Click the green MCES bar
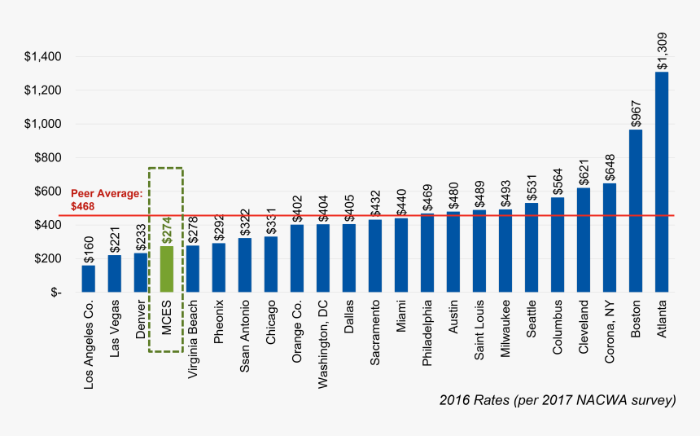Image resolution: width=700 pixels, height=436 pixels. pyautogui.click(x=166, y=268)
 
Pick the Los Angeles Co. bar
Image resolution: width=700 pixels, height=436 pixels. pyautogui.click(x=88, y=278)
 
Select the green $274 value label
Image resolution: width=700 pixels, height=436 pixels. pyautogui.click(x=166, y=229)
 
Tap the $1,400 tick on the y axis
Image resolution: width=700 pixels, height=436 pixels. pyautogui.click(x=43, y=56)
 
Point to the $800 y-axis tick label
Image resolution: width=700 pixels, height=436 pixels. pyautogui.click(x=47, y=157)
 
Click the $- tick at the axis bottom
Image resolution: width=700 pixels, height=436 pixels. pyautogui.click(x=53, y=292)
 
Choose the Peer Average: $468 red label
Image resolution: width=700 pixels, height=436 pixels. pyautogui.click(x=107, y=200)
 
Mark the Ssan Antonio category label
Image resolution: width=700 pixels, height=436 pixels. pyautogui.click(x=245, y=336)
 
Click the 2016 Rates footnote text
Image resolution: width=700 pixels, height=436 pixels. pyautogui.click(x=558, y=400)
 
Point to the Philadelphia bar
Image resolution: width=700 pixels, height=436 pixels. pyautogui.click(x=427, y=253)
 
